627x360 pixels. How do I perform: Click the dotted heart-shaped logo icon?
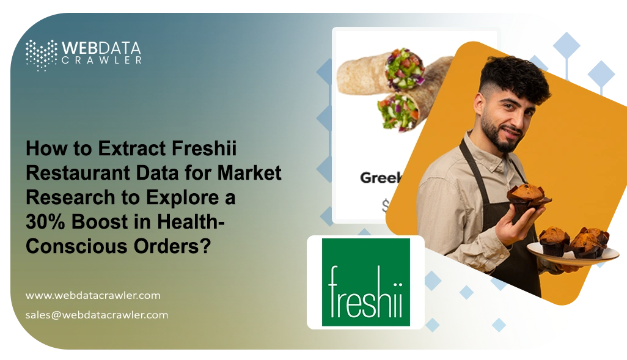41,54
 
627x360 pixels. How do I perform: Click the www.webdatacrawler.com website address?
93,295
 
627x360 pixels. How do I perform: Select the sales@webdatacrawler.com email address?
97,315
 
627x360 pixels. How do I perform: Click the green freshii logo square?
365,282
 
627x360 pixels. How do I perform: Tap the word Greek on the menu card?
380,178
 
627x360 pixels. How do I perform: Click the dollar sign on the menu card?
386,206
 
